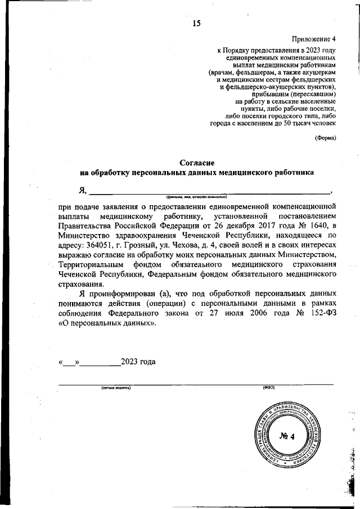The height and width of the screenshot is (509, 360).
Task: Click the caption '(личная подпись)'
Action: coord(116,388)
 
